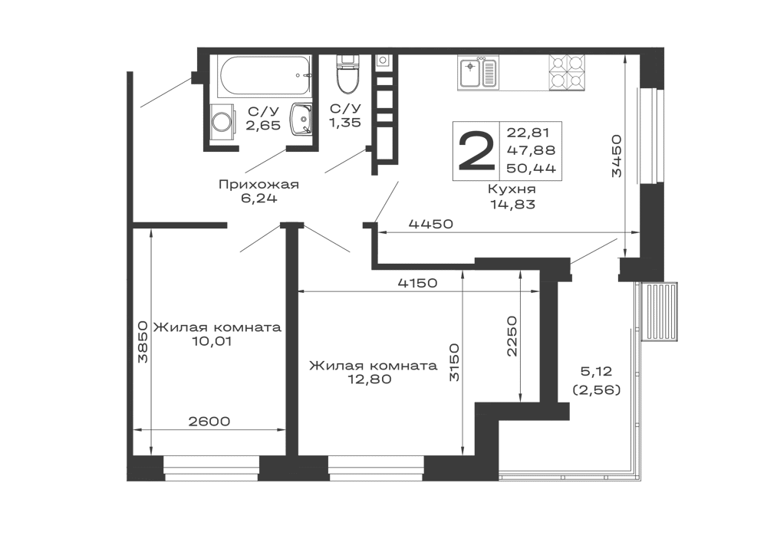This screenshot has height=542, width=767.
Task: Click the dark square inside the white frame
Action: click(x=264, y=120)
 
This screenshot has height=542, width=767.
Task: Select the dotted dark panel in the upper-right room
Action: click(x=506, y=149)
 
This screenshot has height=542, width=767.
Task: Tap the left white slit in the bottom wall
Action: click(x=212, y=463)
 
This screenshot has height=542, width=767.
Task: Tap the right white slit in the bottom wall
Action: click(x=377, y=463)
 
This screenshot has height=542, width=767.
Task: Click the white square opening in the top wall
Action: click(x=525, y=71)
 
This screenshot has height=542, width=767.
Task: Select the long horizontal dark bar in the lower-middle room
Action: click(x=374, y=366)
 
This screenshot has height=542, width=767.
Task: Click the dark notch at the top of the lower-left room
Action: click(x=212, y=343)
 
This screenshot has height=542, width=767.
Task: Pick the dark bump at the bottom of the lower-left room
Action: click(x=209, y=420)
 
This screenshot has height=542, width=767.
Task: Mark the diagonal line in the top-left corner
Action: click(x=166, y=92)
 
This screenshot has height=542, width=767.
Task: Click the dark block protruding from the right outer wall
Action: click(x=658, y=309)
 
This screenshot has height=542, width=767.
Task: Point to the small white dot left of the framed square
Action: click(x=224, y=120)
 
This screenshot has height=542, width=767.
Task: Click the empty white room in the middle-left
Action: click(x=218, y=274)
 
